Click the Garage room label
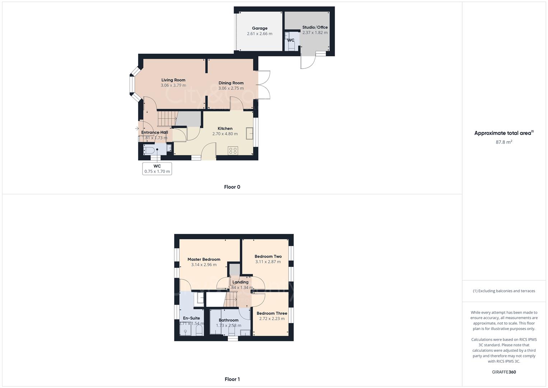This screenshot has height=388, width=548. tap(259, 28)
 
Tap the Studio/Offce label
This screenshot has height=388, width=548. tap(315, 27)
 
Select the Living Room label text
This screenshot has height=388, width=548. tap(173, 80)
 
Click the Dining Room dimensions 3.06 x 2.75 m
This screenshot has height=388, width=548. tap(231, 88)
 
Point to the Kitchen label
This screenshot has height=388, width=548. tap(225, 129)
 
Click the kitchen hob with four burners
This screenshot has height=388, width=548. tap(233, 151)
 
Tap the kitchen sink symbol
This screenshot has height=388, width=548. tap(249, 133)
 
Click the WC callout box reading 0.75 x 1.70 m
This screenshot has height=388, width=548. tap(157, 169)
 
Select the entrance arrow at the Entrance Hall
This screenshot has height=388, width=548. tap(137, 128)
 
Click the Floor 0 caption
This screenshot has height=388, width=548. tap(232, 187)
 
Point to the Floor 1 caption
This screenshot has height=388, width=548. tap(232, 379)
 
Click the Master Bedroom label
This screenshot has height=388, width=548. tap(204, 259)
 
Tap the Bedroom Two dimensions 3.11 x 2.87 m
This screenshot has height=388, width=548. tap(268, 262)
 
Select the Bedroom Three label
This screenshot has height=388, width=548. tap(272, 313)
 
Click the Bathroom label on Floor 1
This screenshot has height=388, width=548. tap(229, 320)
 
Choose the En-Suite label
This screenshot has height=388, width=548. tap(191, 318)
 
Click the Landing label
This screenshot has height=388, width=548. tap(240, 282)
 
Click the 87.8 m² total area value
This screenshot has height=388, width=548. tap(504, 142)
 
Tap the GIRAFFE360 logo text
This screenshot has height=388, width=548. tap(504, 372)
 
